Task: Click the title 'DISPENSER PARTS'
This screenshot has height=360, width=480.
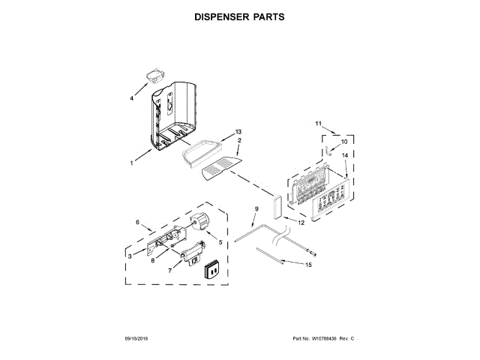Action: point(240,16)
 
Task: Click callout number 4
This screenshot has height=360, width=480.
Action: point(133,98)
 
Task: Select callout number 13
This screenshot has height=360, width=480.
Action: point(238,131)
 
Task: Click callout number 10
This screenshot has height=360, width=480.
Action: point(345,141)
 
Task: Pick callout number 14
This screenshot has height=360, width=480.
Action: point(345,155)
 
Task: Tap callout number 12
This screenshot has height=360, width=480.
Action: point(301,223)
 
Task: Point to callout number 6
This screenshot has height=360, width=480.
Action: point(137,222)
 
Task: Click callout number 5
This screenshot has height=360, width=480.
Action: point(220,241)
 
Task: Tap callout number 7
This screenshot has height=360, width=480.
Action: point(170,271)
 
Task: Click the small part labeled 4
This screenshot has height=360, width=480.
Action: point(156,75)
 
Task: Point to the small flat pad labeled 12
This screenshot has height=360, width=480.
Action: point(279,206)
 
